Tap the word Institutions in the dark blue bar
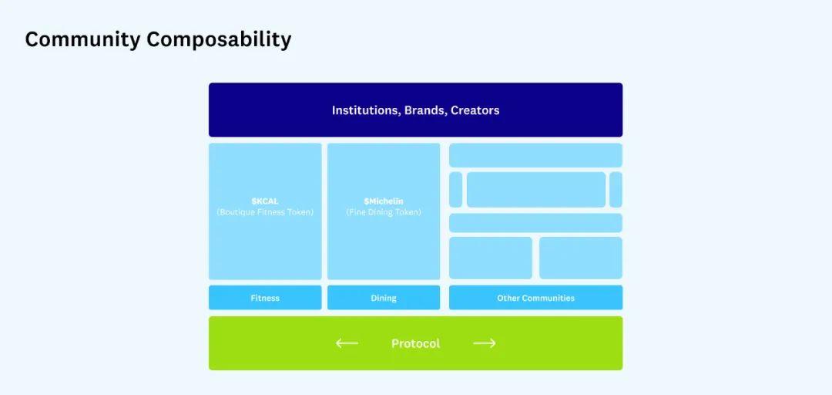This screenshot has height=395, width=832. (x=365, y=110)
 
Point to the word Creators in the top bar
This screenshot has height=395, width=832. (x=475, y=110)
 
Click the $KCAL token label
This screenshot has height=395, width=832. (x=265, y=201)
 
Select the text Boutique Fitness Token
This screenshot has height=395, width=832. (x=265, y=212)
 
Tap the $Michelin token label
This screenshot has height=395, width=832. (x=384, y=201)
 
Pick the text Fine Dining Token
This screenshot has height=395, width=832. (x=384, y=212)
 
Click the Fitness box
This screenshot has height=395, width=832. (x=265, y=298)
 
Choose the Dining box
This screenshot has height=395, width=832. (x=384, y=298)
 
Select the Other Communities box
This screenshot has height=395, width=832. (x=535, y=298)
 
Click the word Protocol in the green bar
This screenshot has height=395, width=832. (x=415, y=343)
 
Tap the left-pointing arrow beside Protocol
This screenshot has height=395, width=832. (x=347, y=343)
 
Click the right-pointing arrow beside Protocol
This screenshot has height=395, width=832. (x=484, y=343)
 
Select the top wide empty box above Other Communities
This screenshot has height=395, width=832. (x=535, y=155)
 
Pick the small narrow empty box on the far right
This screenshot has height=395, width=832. (x=616, y=190)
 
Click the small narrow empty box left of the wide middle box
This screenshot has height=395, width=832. (x=455, y=190)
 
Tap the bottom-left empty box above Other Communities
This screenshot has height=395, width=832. (x=491, y=258)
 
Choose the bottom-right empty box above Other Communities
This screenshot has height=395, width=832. (x=581, y=258)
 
